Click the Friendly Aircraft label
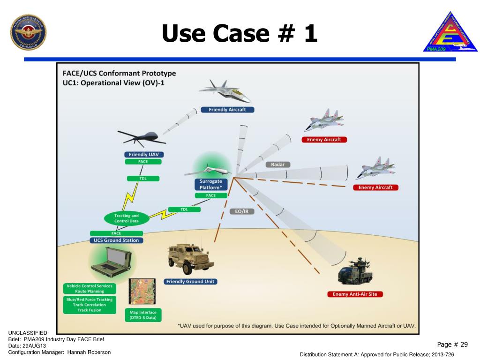click(x=227, y=110)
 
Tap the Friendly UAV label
click(x=143, y=154)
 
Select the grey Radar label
click(x=277, y=165)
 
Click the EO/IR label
click(x=242, y=211)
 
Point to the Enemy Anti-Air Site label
click(x=355, y=294)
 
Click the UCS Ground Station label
click(x=117, y=240)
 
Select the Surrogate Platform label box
click(x=211, y=184)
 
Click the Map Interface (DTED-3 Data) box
click(x=143, y=315)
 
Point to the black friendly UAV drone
click(x=141, y=137)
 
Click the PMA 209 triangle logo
click(x=450, y=32)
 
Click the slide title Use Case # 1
click(x=240, y=33)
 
